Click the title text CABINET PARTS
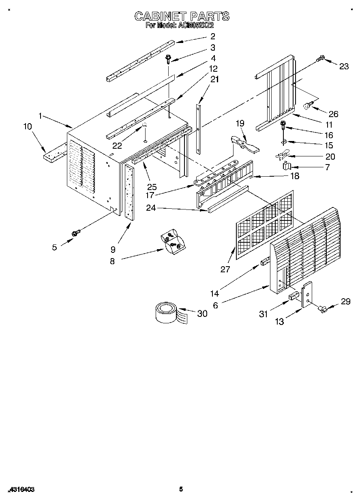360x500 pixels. click(182, 16)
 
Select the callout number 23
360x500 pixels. click(344, 67)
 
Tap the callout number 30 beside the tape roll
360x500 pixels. click(202, 313)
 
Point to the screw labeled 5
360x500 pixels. click(75, 233)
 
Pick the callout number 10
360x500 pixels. click(28, 126)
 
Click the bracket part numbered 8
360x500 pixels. click(173, 242)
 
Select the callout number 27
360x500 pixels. click(225, 269)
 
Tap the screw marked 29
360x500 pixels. click(323, 309)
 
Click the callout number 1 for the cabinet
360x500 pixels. click(41, 116)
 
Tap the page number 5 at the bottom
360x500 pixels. click(181, 489)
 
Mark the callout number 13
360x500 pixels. click(279, 322)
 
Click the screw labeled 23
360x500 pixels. click(320, 59)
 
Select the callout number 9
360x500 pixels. click(113, 250)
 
